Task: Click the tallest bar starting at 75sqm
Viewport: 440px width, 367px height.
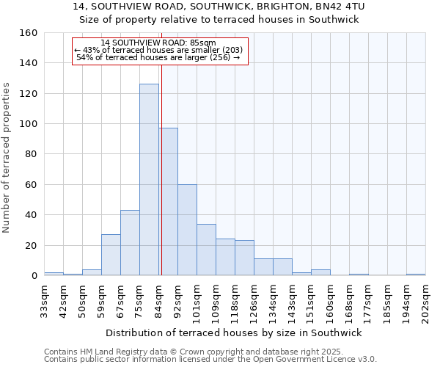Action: [149, 180]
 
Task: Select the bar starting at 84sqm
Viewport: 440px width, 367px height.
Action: [169, 202]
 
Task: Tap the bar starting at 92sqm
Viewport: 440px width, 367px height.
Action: [187, 230]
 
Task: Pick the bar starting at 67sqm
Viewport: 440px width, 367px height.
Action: [130, 243]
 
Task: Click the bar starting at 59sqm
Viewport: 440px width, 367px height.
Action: [111, 255]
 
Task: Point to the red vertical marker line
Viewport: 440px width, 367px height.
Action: [161, 183]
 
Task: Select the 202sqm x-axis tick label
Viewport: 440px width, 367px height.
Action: [425, 301]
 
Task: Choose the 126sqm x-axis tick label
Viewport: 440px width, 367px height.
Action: [254, 301]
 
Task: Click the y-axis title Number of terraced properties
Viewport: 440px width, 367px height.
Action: [7, 158]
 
